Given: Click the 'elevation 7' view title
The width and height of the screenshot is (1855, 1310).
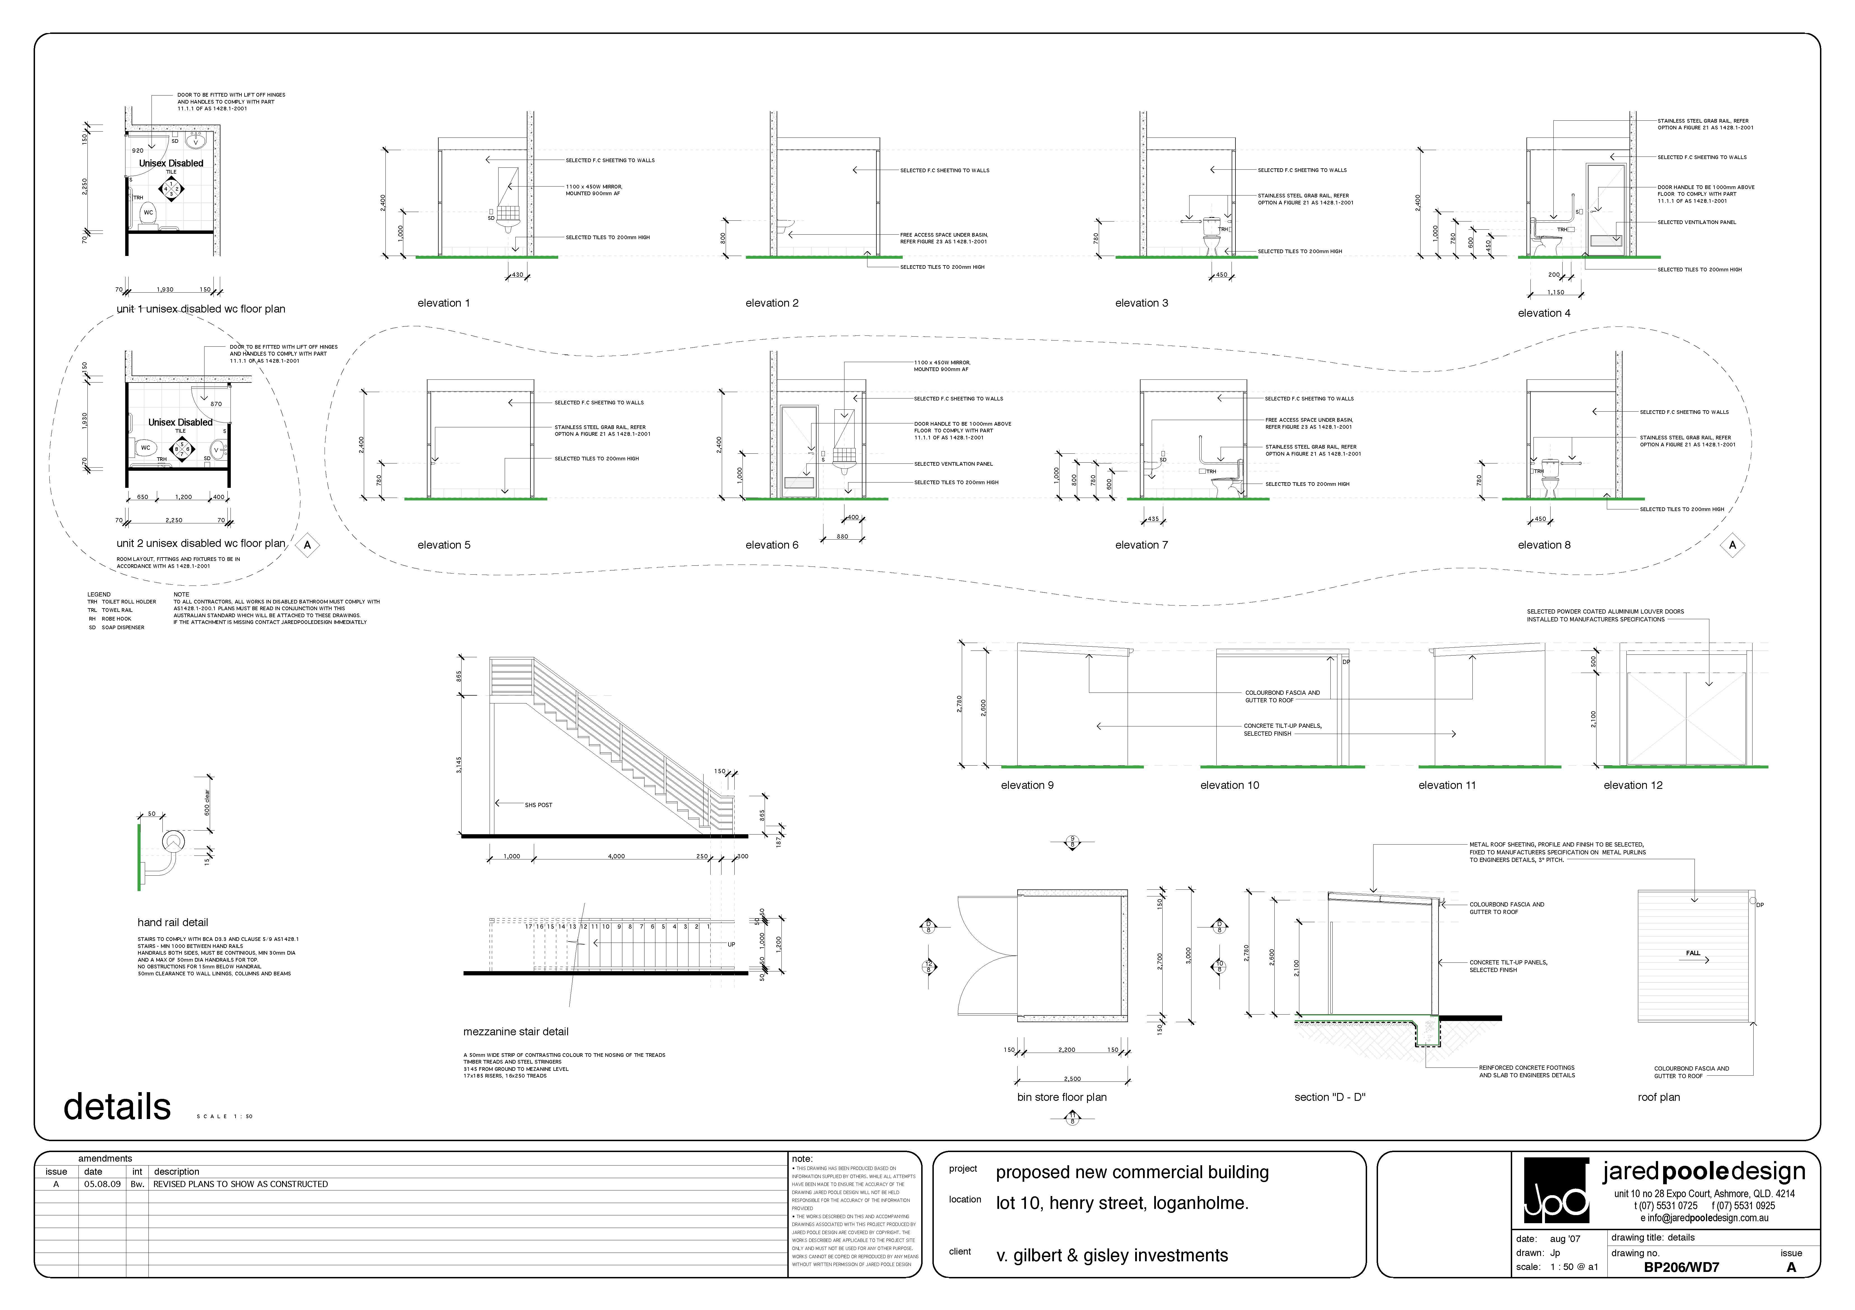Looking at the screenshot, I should pos(1141,545).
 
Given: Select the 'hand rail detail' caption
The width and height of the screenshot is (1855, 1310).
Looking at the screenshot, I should pos(172,922).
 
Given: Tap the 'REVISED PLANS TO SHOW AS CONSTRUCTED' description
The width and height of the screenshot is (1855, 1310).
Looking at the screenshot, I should pos(241,1184).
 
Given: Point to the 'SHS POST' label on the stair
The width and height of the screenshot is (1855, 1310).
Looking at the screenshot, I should pos(538,805).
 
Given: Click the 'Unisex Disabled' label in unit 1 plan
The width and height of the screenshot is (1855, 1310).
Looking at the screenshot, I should pos(171,163).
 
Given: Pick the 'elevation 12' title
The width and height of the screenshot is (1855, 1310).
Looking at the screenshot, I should pos(1633,785).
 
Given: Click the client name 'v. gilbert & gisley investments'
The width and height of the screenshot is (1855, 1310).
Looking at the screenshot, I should pos(1112,1255).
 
